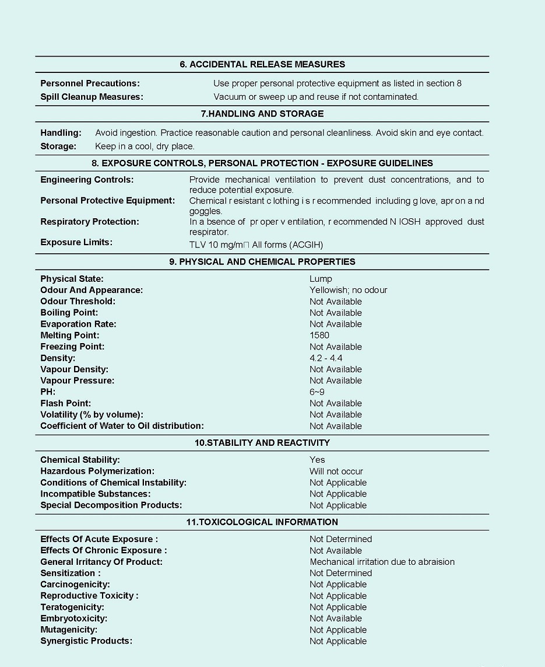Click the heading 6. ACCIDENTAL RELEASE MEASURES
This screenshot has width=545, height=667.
tap(262, 64)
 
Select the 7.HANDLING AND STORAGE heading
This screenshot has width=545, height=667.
tap(262, 113)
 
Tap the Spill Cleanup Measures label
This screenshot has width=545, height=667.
tap(92, 97)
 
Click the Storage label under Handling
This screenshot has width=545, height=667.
tap(58, 146)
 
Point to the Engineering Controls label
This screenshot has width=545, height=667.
tap(87, 180)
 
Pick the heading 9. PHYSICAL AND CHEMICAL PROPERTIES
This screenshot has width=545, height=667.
tap(262, 261)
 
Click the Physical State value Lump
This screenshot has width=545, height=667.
tap(321, 279)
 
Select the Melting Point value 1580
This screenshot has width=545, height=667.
tap(319, 336)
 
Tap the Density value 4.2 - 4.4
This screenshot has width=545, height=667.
tap(326, 358)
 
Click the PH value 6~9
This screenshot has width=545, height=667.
tap(317, 392)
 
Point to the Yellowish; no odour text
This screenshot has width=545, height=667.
tap(348, 290)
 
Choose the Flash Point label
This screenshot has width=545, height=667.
tap(65, 403)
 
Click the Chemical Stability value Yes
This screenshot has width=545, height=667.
tap(317, 460)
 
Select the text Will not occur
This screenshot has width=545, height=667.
tap(336, 472)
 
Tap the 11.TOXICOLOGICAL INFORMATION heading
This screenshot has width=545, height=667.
tap(262, 522)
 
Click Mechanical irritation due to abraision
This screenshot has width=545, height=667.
tap(382, 562)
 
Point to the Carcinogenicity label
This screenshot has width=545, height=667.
tap(75, 584)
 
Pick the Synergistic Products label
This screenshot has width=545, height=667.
tap(86, 641)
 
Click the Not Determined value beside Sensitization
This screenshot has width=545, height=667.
tap(340, 573)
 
